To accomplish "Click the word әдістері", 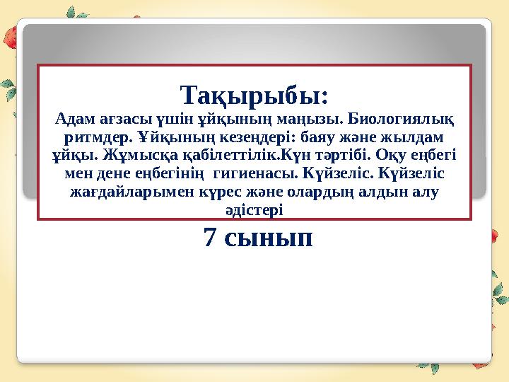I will (x=254, y=209).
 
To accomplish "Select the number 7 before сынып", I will (x=209, y=238).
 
